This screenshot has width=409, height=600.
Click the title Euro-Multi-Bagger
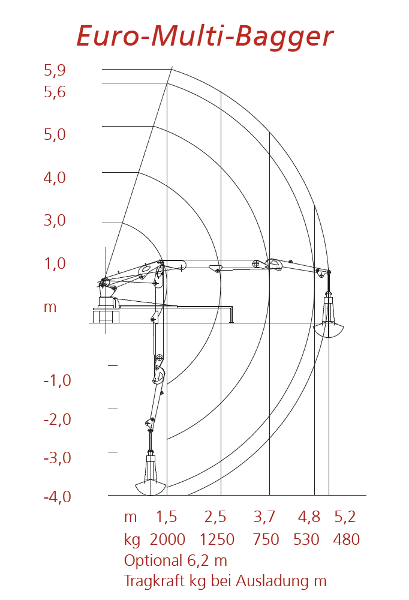tap(205, 37)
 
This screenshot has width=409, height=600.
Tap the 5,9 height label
tap(55, 70)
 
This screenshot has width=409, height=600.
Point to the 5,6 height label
tap(55, 92)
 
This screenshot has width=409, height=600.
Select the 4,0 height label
tap(55, 178)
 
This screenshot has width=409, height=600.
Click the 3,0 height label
tap(55, 220)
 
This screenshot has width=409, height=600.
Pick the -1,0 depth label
tap(58, 380)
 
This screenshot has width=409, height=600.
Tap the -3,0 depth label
tap(58, 458)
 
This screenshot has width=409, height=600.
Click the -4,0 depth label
tap(58, 497)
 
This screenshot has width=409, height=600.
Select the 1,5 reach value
tap(167, 517)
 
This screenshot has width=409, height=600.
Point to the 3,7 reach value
tap(264, 517)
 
